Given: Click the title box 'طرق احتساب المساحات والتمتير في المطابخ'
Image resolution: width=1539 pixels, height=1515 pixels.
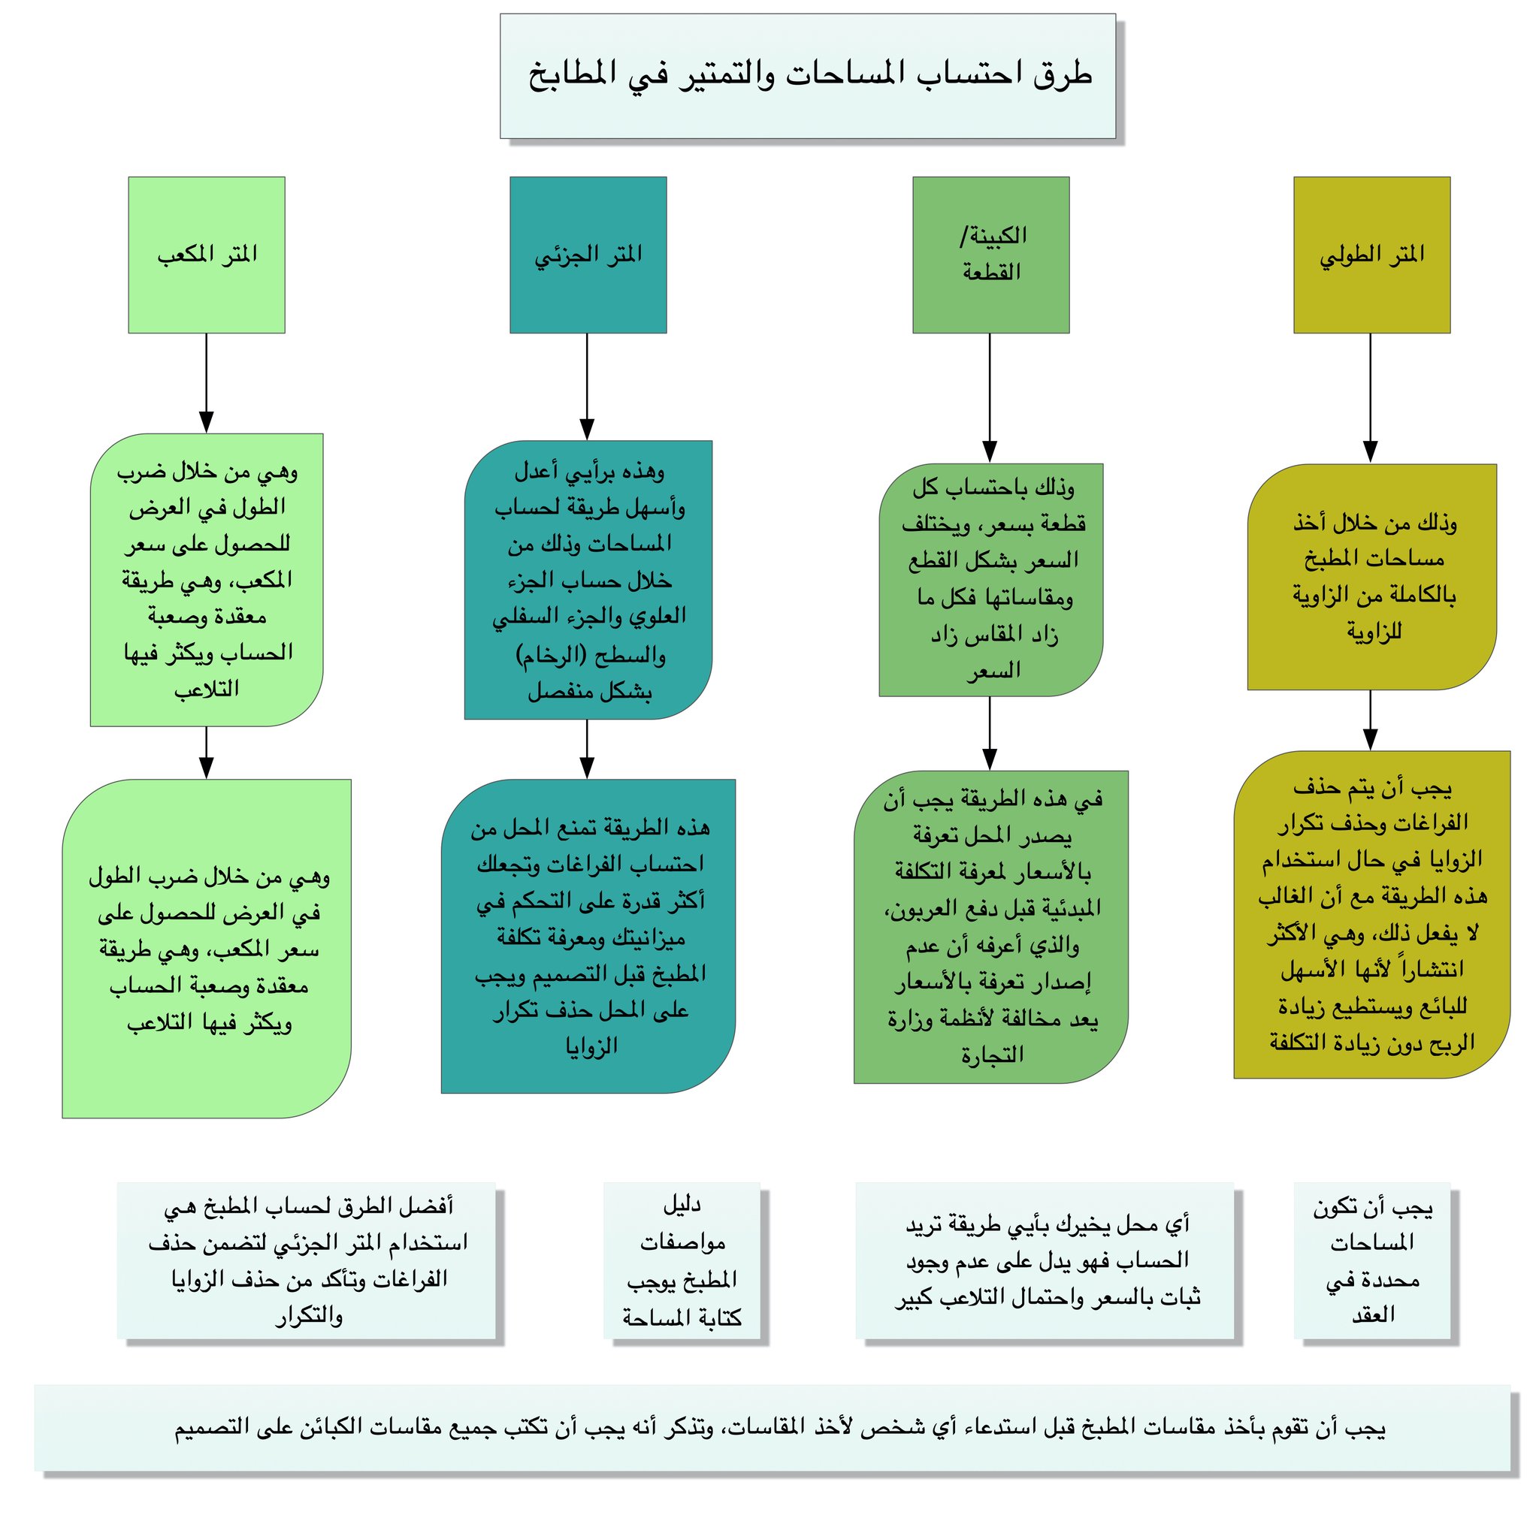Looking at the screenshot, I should click(806, 76).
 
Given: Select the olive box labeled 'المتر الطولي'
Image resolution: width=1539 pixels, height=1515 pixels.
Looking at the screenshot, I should click(1371, 255).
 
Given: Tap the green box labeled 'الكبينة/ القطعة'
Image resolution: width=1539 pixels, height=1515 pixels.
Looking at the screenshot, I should click(990, 255).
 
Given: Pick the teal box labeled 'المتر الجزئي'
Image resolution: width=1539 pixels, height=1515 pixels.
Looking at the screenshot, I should click(588, 255).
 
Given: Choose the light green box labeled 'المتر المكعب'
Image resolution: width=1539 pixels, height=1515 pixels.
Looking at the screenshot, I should click(206, 255).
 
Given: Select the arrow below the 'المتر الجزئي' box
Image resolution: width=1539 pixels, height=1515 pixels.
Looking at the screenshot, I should click(587, 385).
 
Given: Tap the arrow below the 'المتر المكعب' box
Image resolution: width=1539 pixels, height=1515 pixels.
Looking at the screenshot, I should click(206, 382).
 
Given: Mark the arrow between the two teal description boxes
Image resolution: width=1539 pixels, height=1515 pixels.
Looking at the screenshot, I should click(587, 748).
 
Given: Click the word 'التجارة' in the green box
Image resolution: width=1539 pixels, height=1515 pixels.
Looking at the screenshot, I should click(991, 1055).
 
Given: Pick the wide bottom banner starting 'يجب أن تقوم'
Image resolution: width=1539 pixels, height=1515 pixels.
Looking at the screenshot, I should click(771, 1429).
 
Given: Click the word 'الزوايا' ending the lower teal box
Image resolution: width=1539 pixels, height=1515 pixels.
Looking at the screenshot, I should click(591, 1046).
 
